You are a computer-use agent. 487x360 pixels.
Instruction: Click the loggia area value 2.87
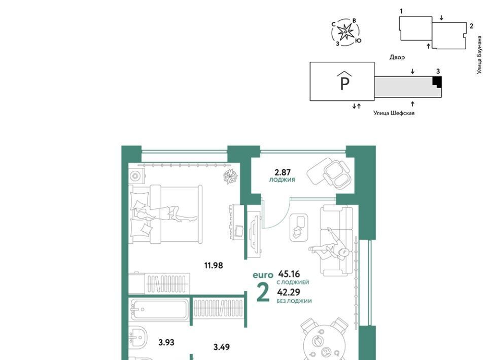(x=282, y=172)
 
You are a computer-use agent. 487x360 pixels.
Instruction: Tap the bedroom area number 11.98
(x=214, y=266)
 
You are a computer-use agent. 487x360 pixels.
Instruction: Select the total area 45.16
(x=289, y=274)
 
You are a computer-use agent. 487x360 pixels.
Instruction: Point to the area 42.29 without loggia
(x=289, y=293)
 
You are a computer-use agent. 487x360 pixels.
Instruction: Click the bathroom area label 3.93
(x=166, y=343)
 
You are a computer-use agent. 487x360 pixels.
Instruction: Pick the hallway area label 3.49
(x=222, y=347)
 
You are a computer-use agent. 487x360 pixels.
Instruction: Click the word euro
(x=263, y=275)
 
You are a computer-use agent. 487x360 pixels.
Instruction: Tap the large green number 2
(x=263, y=293)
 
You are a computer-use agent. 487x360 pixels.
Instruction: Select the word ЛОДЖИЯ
(x=282, y=180)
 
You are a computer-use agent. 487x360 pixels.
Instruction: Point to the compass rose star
(x=345, y=31)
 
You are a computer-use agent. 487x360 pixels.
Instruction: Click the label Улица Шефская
(x=394, y=113)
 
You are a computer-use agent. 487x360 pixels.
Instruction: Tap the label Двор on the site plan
(x=397, y=57)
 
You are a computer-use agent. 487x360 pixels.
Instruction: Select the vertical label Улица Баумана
(x=480, y=55)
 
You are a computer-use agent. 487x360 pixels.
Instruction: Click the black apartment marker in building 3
(x=437, y=82)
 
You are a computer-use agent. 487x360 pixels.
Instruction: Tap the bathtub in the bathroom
(x=159, y=309)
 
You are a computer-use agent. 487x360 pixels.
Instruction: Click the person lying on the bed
(x=164, y=214)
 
